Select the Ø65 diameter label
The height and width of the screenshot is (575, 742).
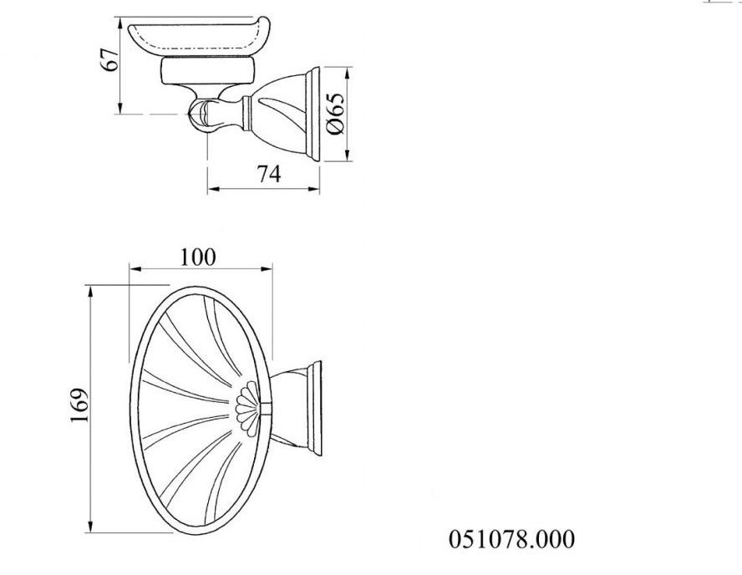[x=336, y=114]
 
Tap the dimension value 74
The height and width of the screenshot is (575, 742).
[x=267, y=174]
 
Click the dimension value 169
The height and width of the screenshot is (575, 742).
[x=78, y=405]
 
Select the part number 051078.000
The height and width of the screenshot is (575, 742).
[x=512, y=539]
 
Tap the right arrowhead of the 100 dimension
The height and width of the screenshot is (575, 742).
[x=268, y=269]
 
